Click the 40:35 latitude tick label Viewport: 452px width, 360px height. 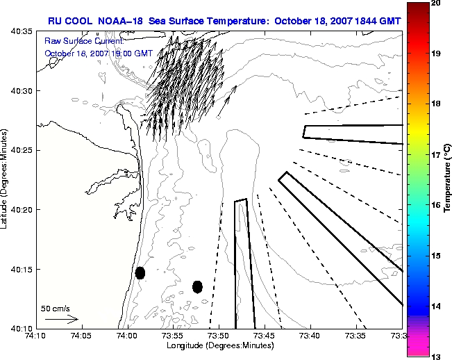[x=22, y=31]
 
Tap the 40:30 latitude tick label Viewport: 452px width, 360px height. [x=22, y=90]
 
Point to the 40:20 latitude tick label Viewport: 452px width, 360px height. [x=22, y=210]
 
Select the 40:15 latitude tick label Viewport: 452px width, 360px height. [x=22, y=270]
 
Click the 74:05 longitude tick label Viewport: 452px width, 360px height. [x=82, y=336]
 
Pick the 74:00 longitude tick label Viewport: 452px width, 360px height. [x=128, y=336]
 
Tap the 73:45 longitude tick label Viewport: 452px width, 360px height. [x=265, y=336]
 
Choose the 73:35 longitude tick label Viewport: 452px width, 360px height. [x=356, y=336]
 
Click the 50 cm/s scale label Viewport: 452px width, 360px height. [x=55, y=309]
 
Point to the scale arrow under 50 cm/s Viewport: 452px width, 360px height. [x=62, y=319]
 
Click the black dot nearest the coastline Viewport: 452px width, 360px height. [x=140, y=273]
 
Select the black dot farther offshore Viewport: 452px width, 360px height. [x=197, y=287]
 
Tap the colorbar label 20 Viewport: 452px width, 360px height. [x=436, y=3]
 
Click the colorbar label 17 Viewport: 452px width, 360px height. [x=436, y=155]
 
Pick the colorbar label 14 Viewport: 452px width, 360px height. [x=436, y=306]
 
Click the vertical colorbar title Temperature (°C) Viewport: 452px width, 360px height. [x=447, y=178]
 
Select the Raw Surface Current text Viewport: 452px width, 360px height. [x=84, y=41]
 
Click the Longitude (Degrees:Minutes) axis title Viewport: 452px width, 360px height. [x=220, y=345]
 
